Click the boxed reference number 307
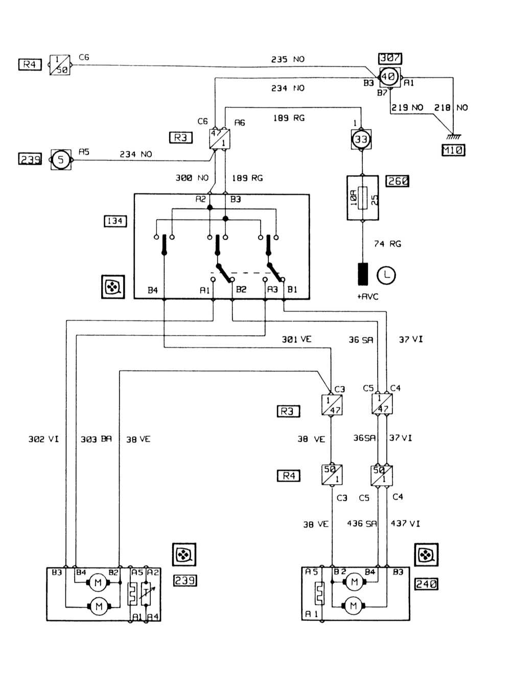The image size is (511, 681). click(x=390, y=58)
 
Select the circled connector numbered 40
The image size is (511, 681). click(x=388, y=77)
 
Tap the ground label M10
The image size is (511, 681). click(x=453, y=150)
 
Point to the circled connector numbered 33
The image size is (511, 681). click(x=361, y=139)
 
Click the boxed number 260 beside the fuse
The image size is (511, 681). click(x=398, y=181)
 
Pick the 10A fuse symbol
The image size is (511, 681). click(x=363, y=198)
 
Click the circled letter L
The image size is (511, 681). click(x=386, y=275)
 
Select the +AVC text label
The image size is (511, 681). click(x=367, y=297)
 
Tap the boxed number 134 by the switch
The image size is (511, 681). click(x=115, y=221)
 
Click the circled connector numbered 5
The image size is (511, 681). click(x=60, y=160)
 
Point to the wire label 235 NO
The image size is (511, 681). click(x=288, y=59)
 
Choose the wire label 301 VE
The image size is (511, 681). click(x=296, y=339)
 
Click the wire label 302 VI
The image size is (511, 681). click(x=43, y=439)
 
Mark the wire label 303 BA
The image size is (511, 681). click(x=96, y=439)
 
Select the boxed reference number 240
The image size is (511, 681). click(x=426, y=583)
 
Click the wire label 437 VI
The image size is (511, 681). click(x=405, y=524)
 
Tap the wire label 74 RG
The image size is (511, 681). click(x=387, y=244)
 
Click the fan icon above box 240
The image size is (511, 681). click(x=426, y=555)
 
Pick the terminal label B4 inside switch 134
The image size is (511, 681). click(x=153, y=290)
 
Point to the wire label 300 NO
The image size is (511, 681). click(x=192, y=178)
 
